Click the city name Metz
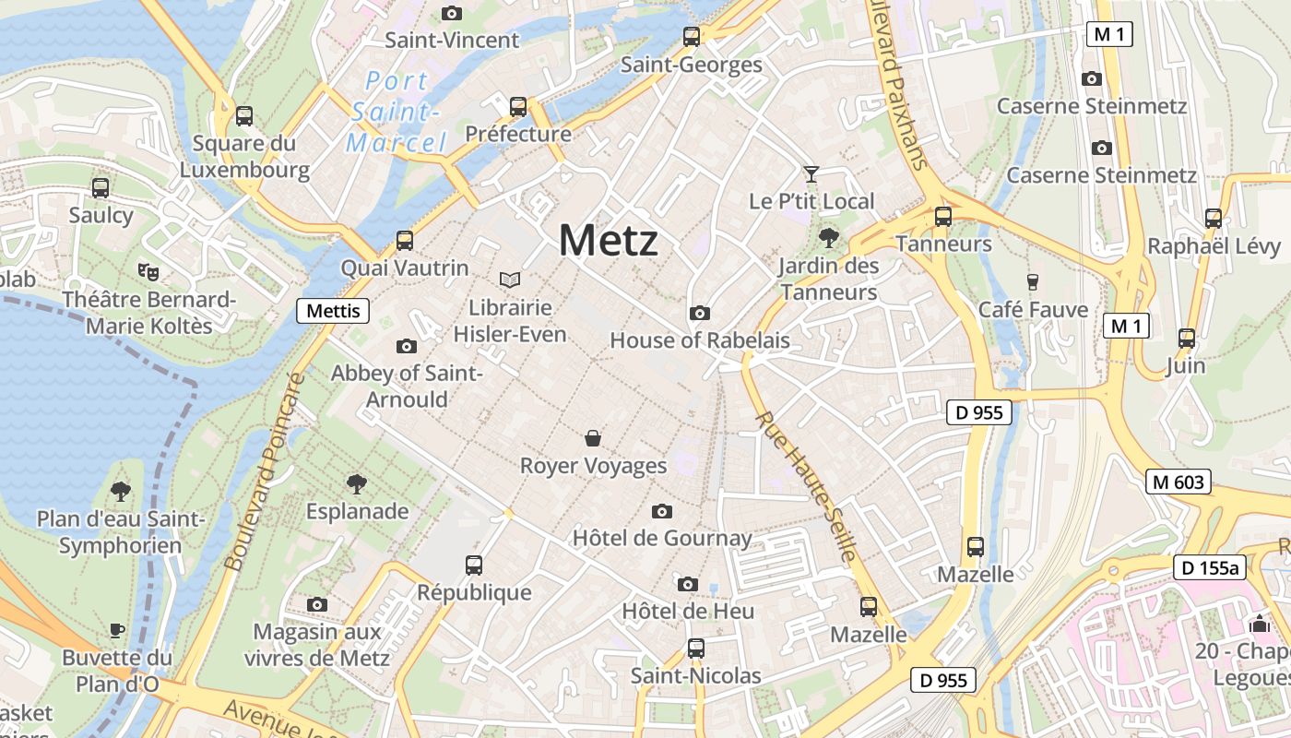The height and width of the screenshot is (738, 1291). click(x=609, y=241)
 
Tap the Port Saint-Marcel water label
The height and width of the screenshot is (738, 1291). click(x=397, y=112)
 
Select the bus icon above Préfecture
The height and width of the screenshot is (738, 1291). click(x=518, y=107)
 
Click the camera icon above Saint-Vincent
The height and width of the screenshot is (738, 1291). click(x=451, y=13)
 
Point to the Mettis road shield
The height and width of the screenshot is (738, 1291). click(x=333, y=311)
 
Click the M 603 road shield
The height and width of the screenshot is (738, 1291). click(x=1178, y=482)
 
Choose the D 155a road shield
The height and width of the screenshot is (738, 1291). click(x=1208, y=567)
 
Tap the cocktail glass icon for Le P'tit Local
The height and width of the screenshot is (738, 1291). click(x=811, y=173)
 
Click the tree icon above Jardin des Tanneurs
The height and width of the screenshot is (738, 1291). click(x=828, y=238)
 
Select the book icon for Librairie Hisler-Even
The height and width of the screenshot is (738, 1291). click(x=510, y=280)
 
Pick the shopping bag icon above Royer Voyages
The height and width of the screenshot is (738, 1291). click(x=593, y=437)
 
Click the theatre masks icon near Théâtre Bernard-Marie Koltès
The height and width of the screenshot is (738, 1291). click(x=148, y=271)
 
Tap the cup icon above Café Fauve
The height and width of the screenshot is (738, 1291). click(x=1033, y=282)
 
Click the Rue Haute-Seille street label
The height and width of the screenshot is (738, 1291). click(x=807, y=486)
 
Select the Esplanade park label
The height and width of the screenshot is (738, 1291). click(x=357, y=511)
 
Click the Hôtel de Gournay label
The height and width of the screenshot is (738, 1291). click(x=662, y=538)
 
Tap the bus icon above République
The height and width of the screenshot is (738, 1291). click(x=474, y=565)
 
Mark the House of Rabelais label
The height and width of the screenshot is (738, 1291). click(x=700, y=340)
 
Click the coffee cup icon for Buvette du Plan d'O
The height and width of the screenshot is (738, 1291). click(x=117, y=630)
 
